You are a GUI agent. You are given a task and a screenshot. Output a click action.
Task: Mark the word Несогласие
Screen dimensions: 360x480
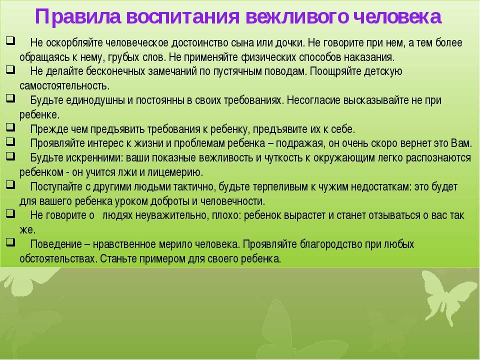point(316,100)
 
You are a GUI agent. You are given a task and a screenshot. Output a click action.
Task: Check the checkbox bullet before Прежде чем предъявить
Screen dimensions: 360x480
point(9,127)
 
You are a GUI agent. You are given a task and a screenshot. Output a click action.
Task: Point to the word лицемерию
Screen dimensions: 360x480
point(174,172)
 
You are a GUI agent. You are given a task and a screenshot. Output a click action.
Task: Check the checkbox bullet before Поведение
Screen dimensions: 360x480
point(9,242)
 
